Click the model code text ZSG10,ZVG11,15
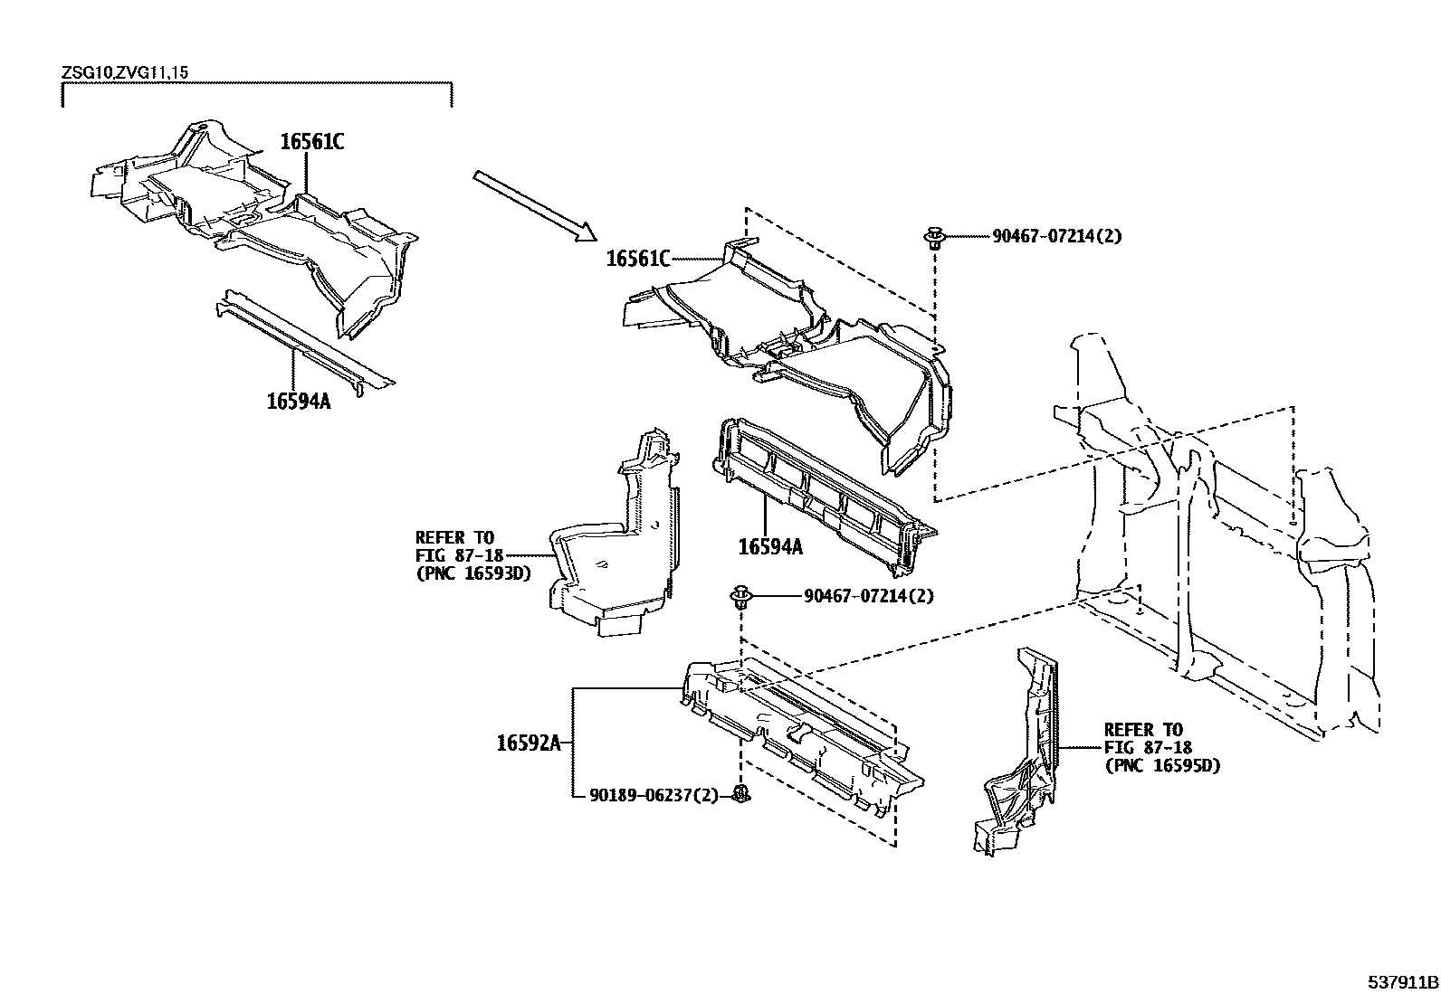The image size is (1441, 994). pos(125,71)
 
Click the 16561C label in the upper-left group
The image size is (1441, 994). pos(312,142)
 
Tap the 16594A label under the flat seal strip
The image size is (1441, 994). pos(299,401)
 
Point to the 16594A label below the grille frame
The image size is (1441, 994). pos(770,546)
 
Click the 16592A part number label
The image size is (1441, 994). pos(529,743)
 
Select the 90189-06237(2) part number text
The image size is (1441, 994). pos(654,795)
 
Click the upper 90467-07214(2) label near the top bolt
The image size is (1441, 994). pos(1056,236)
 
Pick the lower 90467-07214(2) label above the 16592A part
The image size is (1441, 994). pos(868,596)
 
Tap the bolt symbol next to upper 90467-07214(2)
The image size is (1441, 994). pos(934,240)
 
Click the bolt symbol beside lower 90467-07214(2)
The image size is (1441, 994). pos(742,597)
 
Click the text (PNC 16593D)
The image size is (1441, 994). pos(473,573)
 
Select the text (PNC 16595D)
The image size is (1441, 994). pos(1162,765)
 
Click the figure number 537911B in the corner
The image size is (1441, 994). pos(1402,981)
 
